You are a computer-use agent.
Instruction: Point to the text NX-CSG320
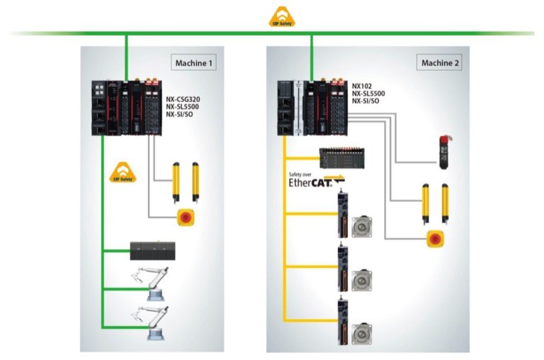183,99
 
